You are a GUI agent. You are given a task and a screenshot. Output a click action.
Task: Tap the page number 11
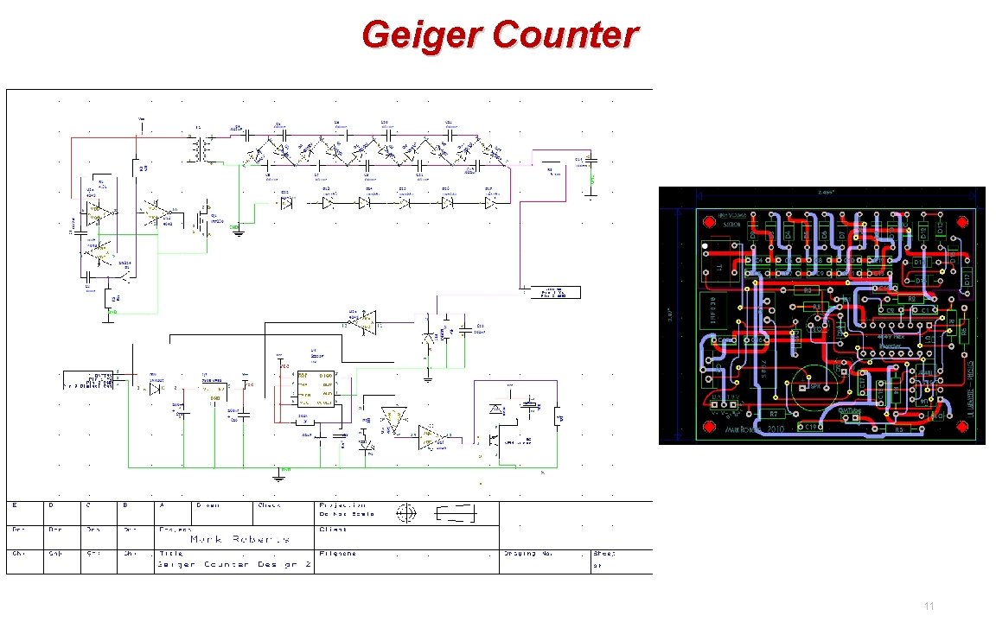929,606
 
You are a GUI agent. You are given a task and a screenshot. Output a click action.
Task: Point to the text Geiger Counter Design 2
228,564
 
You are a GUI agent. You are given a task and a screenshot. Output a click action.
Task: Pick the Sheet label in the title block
604,553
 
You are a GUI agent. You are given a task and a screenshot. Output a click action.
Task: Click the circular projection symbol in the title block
405,514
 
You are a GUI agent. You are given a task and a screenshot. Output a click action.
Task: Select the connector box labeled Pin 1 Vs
552,292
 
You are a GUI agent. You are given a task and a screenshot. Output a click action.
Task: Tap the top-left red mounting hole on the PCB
710,222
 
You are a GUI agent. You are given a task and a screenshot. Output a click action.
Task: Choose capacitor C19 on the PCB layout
810,427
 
